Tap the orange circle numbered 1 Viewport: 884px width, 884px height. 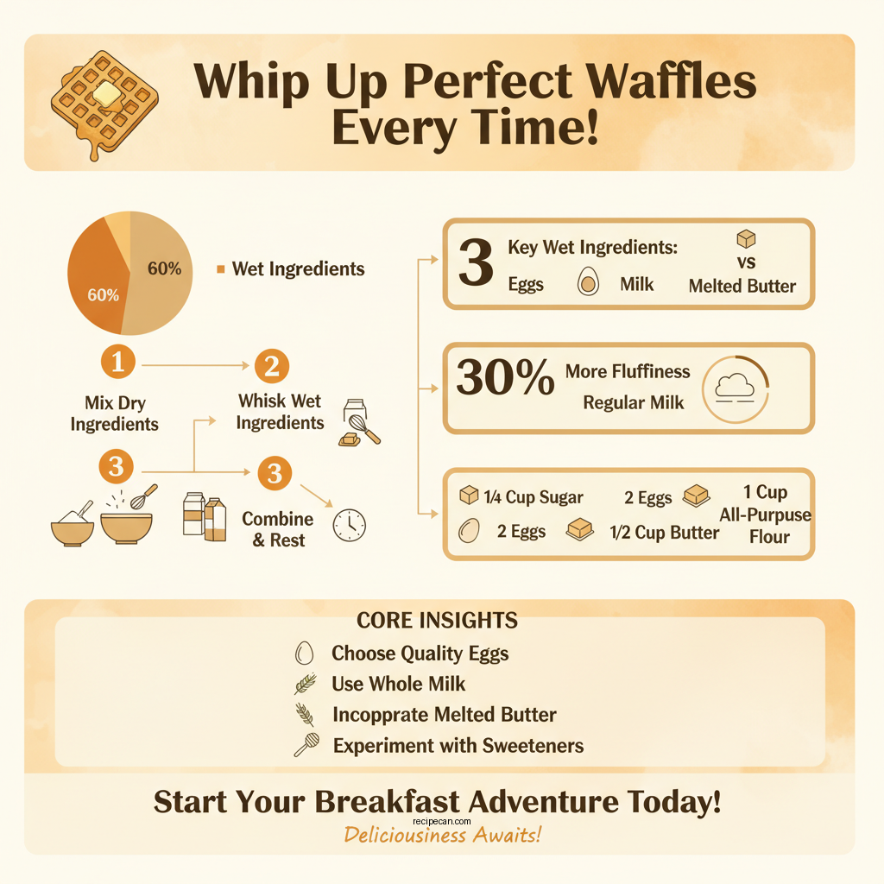[x=117, y=362]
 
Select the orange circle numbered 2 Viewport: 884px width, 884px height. [x=271, y=367]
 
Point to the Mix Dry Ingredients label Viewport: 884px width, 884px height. [x=114, y=413]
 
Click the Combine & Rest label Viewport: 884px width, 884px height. [x=277, y=529]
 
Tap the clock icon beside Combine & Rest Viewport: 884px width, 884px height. [x=349, y=525]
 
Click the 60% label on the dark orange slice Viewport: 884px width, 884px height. [x=103, y=295]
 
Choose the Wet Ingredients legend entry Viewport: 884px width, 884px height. [x=298, y=269]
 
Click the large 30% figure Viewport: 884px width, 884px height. [x=505, y=379]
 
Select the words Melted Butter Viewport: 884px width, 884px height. [x=742, y=286]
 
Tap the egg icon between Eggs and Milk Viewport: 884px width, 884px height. [x=587, y=282]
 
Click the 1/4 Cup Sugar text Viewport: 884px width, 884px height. [x=533, y=496]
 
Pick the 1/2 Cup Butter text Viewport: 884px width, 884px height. [x=664, y=533]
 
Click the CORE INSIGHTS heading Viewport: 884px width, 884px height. [x=437, y=620]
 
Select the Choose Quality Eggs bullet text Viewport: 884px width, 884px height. [x=420, y=654]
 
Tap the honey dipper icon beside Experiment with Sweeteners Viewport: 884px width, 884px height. [x=306, y=745]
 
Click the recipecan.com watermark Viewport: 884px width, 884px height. [x=441, y=823]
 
